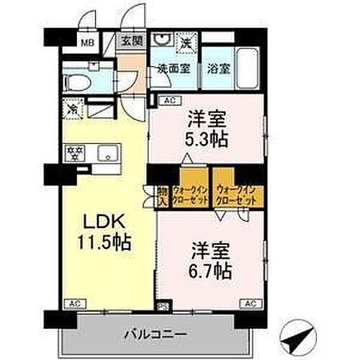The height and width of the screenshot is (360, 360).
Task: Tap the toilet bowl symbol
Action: pyautogui.click(x=76, y=81)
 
